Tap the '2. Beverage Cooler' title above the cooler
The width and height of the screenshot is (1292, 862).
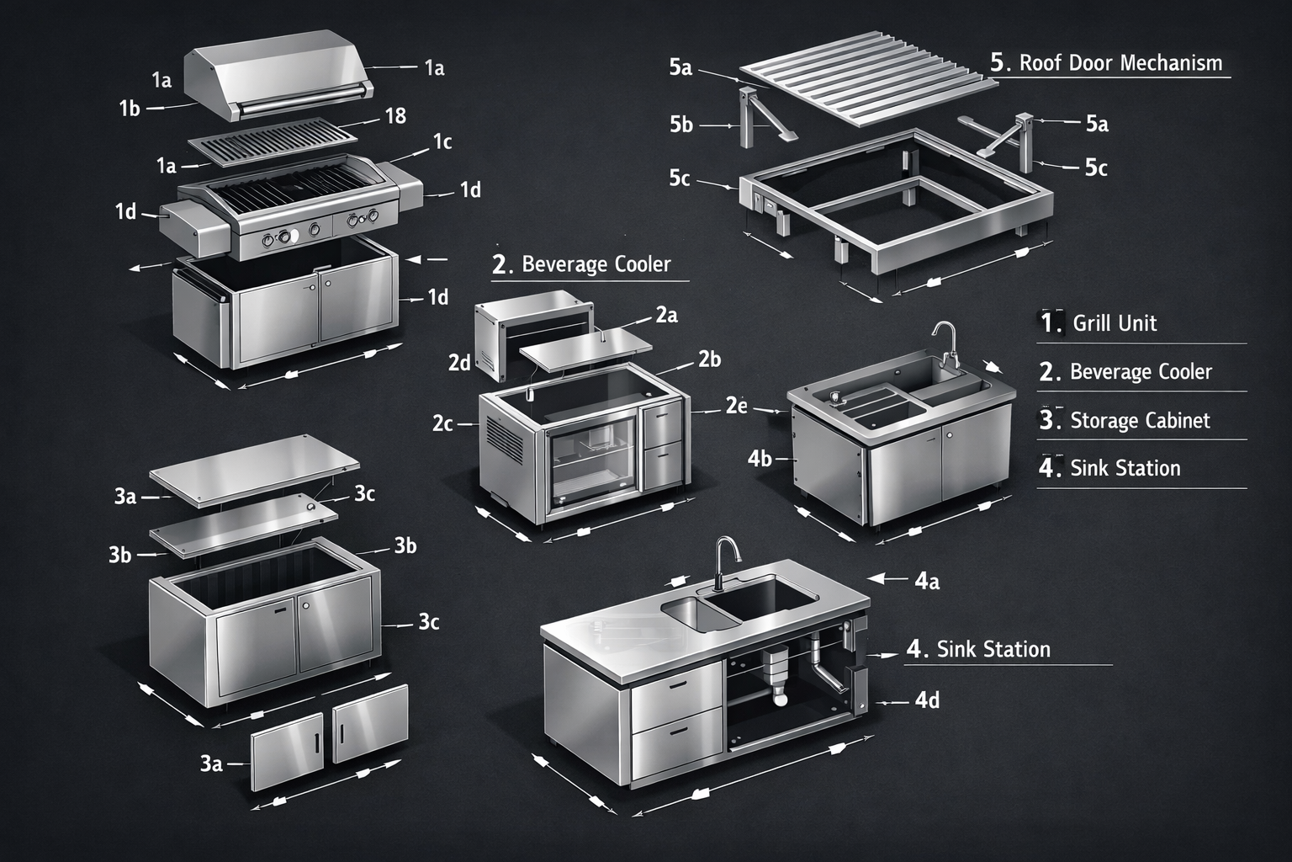click(582, 264)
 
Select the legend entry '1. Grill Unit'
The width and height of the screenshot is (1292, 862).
click(1099, 323)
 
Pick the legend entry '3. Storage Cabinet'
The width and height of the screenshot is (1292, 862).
click(1125, 420)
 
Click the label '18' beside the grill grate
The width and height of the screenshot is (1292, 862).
click(395, 116)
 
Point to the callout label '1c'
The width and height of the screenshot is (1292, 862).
click(442, 142)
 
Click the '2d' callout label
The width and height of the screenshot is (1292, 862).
click(459, 363)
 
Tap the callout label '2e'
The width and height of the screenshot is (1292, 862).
click(736, 406)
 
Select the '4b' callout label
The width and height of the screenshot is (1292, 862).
click(760, 459)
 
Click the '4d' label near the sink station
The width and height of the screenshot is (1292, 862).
click(926, 700)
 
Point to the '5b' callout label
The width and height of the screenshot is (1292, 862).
click(681, 125)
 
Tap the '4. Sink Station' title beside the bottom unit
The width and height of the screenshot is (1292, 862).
click(979, 649)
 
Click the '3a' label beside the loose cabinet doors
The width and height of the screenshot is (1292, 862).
click(211, 763)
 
